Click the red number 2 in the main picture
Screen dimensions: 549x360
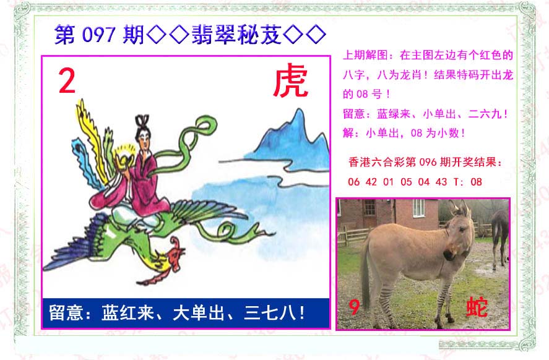(67, 81)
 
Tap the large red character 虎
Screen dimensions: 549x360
(291, 81)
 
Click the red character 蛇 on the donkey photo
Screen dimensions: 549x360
(477, 307)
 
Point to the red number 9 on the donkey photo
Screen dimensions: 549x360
(354, 307)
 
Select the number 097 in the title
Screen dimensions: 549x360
(98, 35)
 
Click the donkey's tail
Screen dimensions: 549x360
(365, 273)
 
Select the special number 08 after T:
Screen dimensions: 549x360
(476, 182)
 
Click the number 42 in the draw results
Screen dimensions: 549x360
(371, 182)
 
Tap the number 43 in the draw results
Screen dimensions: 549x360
(441, 182)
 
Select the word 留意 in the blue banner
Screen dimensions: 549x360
(66, 312)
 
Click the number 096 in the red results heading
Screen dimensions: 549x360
(428, 162)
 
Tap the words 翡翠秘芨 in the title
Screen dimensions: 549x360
(236, 35)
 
